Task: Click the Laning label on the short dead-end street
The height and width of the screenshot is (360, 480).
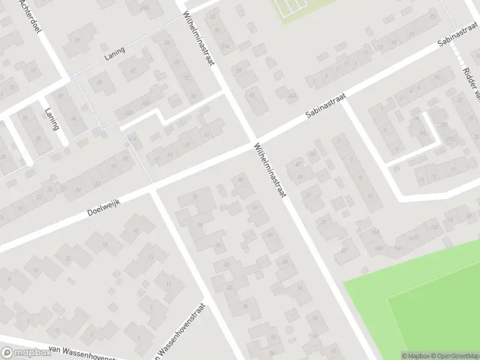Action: tap(52, 118)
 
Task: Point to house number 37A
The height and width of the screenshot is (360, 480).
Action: tap(226, 46)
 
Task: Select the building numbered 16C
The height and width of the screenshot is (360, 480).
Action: tap(397, 247)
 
